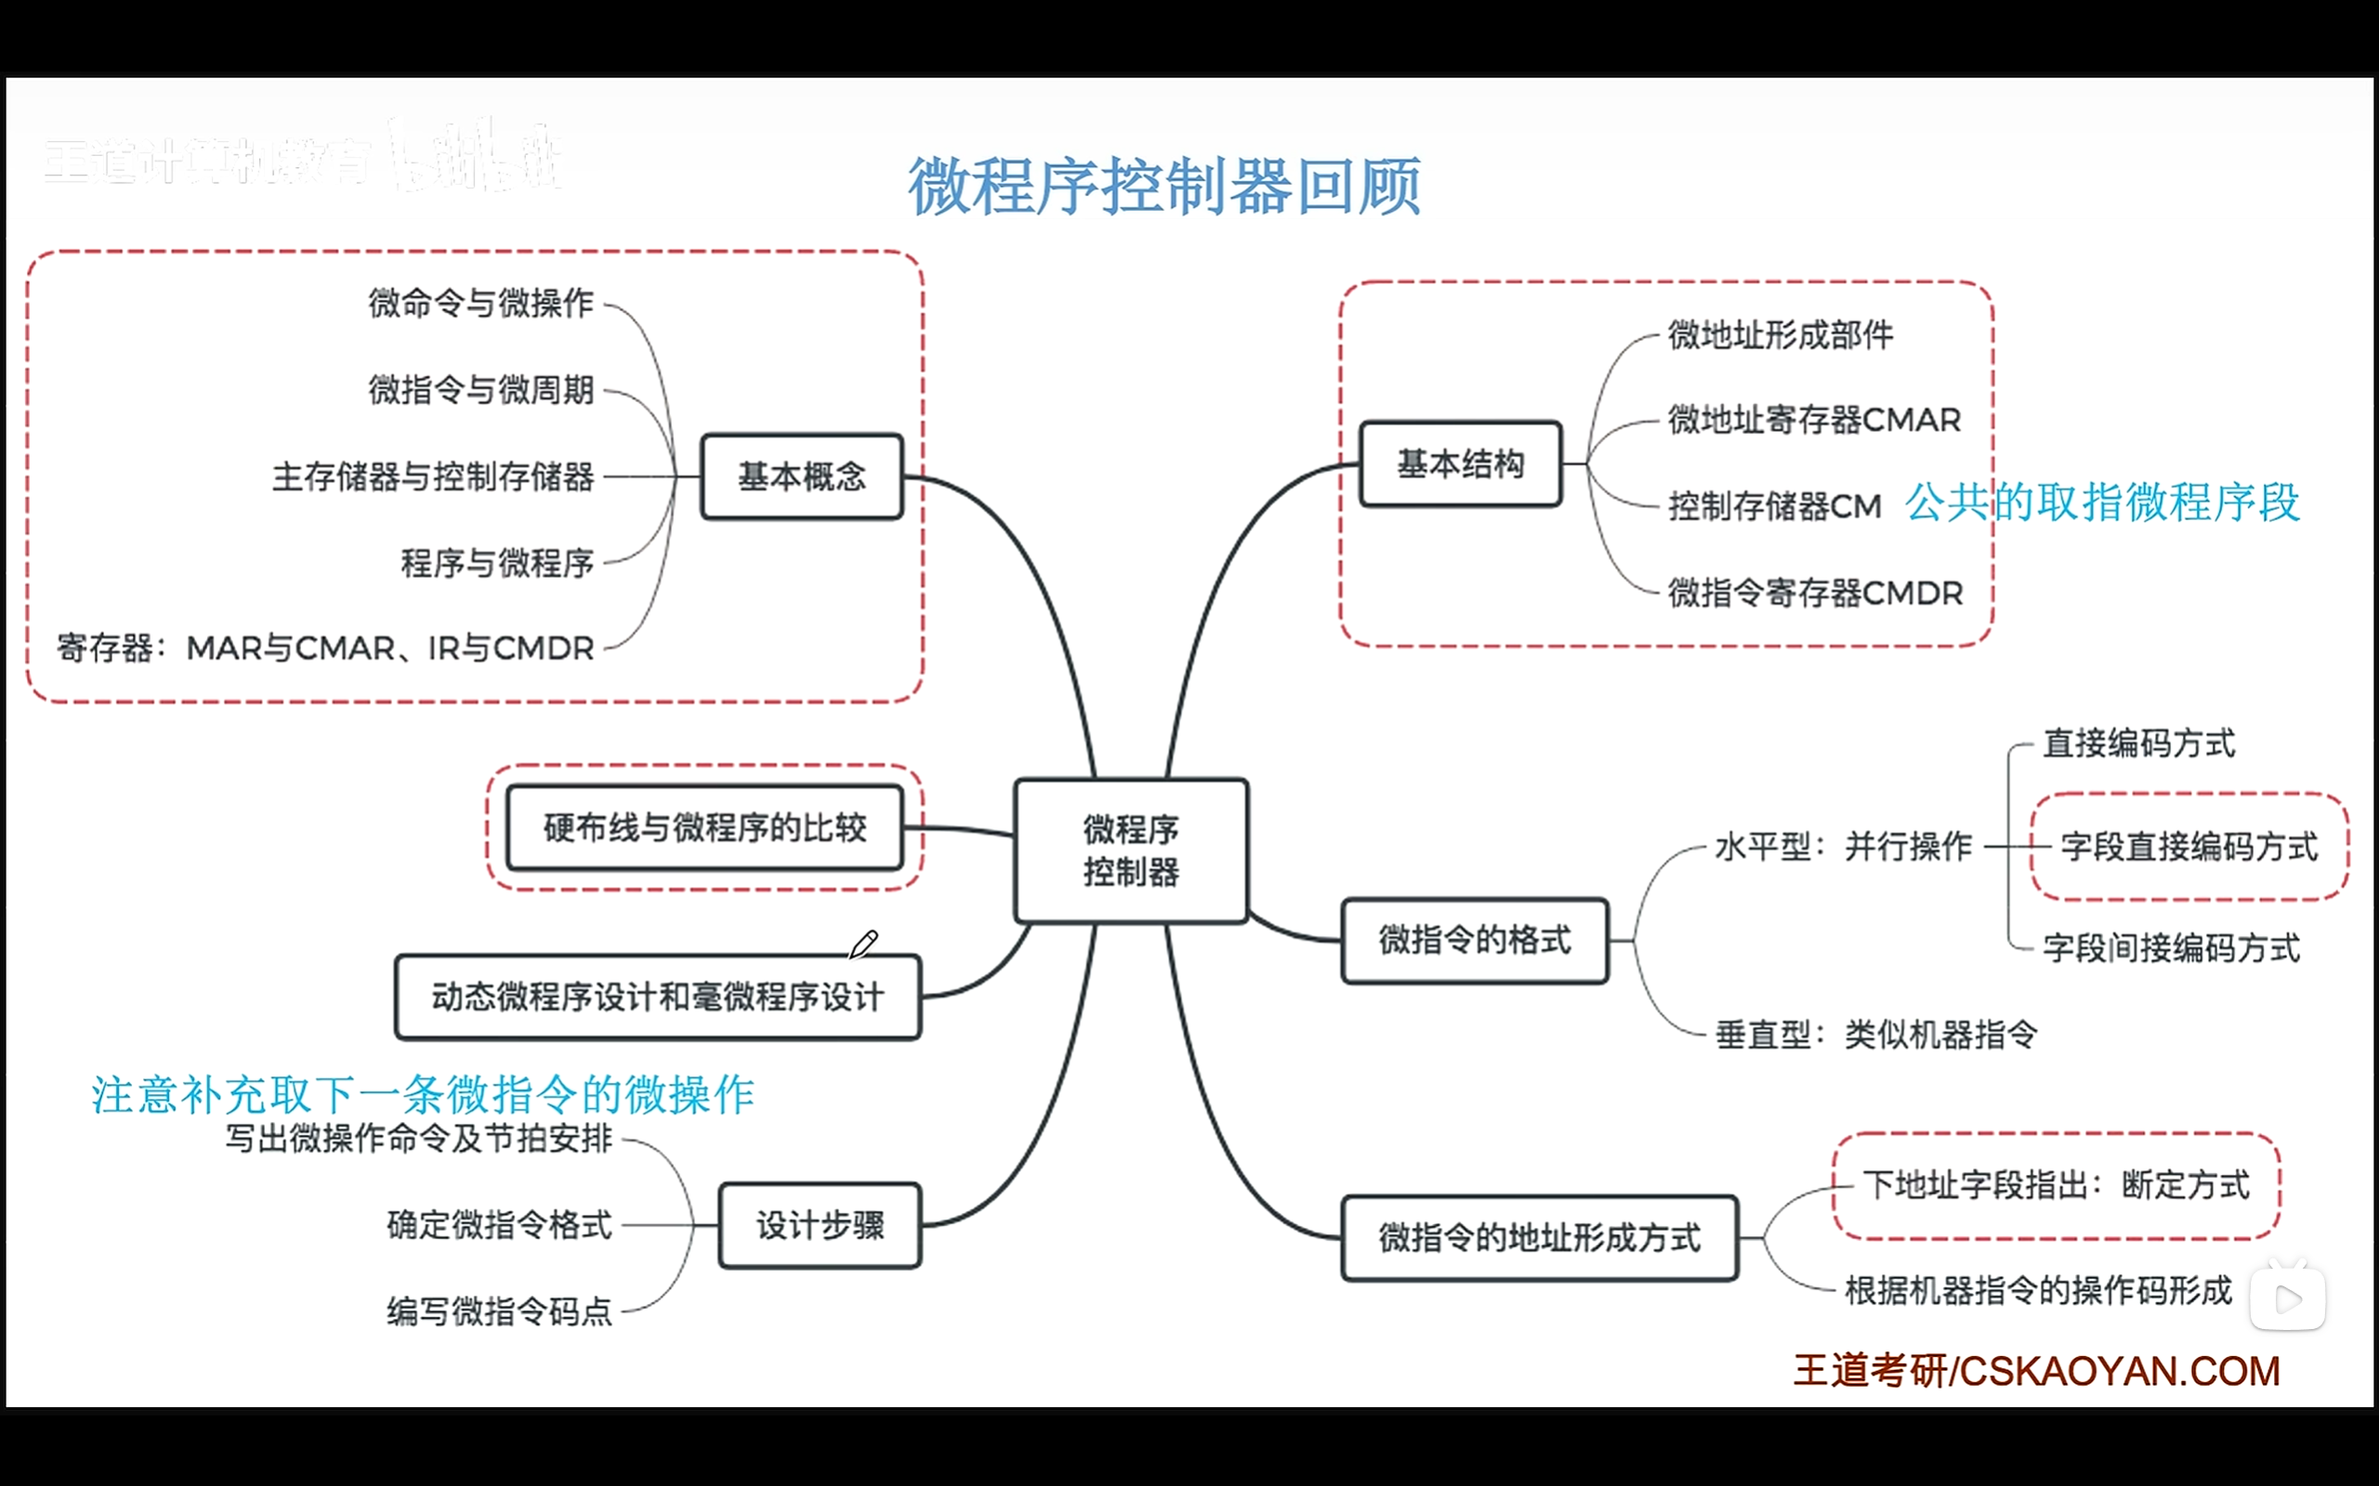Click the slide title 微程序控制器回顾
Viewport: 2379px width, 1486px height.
click(x=1163, y=186)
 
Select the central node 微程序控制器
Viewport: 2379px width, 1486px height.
click(x=1131, y=850)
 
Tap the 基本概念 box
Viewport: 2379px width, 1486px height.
click(x=801, y=476)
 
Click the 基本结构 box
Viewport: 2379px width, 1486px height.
click(x=1460, y=463)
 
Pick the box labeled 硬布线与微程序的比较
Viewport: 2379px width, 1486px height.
click(x=703, y=828)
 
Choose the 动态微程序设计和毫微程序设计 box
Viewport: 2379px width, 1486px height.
click(x=657, y=997)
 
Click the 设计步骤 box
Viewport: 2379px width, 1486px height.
click(x=820, y=1226)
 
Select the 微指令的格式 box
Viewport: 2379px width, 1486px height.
click(x=1475, y=940)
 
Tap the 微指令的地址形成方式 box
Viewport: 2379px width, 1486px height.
click(x=1540, y=1237)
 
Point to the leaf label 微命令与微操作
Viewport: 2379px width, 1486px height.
click(x=480, y=303)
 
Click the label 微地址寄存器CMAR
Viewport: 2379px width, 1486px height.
click(x=1814, y=421)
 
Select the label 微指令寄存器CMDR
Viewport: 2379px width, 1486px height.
click(x=1815, y=593)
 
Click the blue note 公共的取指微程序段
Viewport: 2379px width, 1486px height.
click(x=2102, y=502)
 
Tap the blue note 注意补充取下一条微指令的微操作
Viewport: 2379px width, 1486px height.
click(x=423, y=1095)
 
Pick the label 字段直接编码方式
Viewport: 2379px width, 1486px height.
click(x=2188, y=846)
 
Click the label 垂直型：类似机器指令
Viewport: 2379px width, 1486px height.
click(x=1875, y=1034)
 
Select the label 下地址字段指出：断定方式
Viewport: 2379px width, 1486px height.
click(x=2056, y=1185)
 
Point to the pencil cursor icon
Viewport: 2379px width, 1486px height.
click(x=863, y=945)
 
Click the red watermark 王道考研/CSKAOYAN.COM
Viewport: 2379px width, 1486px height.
click(x=2036, y=1371)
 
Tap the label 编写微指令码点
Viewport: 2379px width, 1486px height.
click(x=499, y=1311)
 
